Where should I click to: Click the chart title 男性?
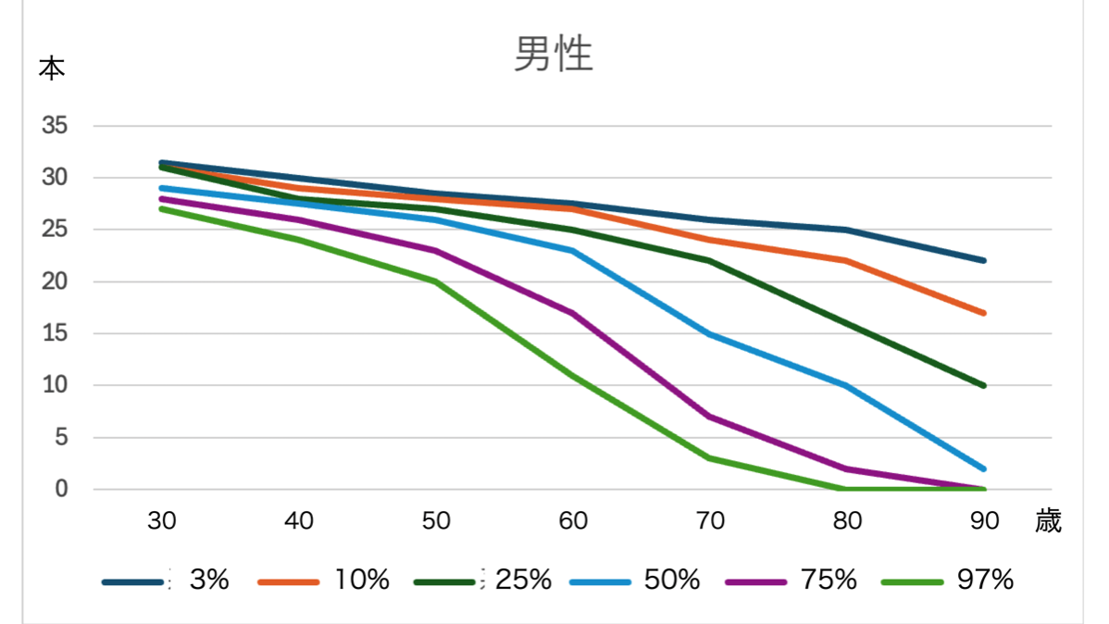(553, 56)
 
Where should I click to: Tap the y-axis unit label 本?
(52, 69)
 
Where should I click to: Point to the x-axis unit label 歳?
(1048, 521)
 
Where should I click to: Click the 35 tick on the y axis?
(56, 126)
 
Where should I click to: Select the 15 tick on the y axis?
(56, 333)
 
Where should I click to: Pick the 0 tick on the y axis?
(62, 489)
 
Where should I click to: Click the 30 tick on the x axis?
(162, 521)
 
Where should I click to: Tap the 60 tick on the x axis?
(573, 521)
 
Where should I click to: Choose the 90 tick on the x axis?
(984, 521)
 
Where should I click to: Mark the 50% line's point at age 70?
(710, 333)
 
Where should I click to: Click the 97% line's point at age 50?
(436, 281)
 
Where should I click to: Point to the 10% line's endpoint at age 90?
(983, 313)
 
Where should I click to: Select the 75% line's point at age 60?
(573, 313)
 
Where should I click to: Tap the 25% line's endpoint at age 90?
(983, 385)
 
